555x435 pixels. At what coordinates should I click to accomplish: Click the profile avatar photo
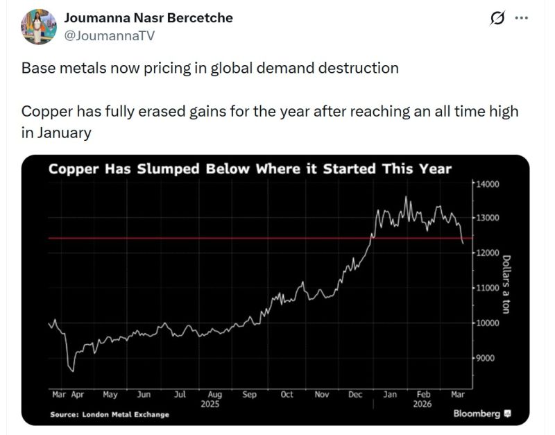click(x=39, y=26)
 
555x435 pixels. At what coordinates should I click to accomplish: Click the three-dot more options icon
click(x=521, y=19)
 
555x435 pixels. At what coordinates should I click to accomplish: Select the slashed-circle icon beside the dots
click(x=497, y=19)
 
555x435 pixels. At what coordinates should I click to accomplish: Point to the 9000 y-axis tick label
click(x=484, y=358)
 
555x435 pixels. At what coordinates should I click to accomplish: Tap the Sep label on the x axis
click(x=249, y=395)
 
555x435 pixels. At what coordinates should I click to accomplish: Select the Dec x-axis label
click(x=355, y=395)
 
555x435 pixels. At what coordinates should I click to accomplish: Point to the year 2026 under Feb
click(x=422, y=404)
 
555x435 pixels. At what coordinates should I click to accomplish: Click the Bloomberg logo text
click(x=477, y=413)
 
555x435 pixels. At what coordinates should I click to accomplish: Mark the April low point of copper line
click(x=71, y=371)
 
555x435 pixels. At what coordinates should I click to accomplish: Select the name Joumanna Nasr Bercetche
click(x=148, y=18)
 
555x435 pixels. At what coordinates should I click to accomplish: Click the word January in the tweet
click(x=56, y=133)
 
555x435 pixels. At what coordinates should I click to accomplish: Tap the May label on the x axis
click(x=110, y=395)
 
